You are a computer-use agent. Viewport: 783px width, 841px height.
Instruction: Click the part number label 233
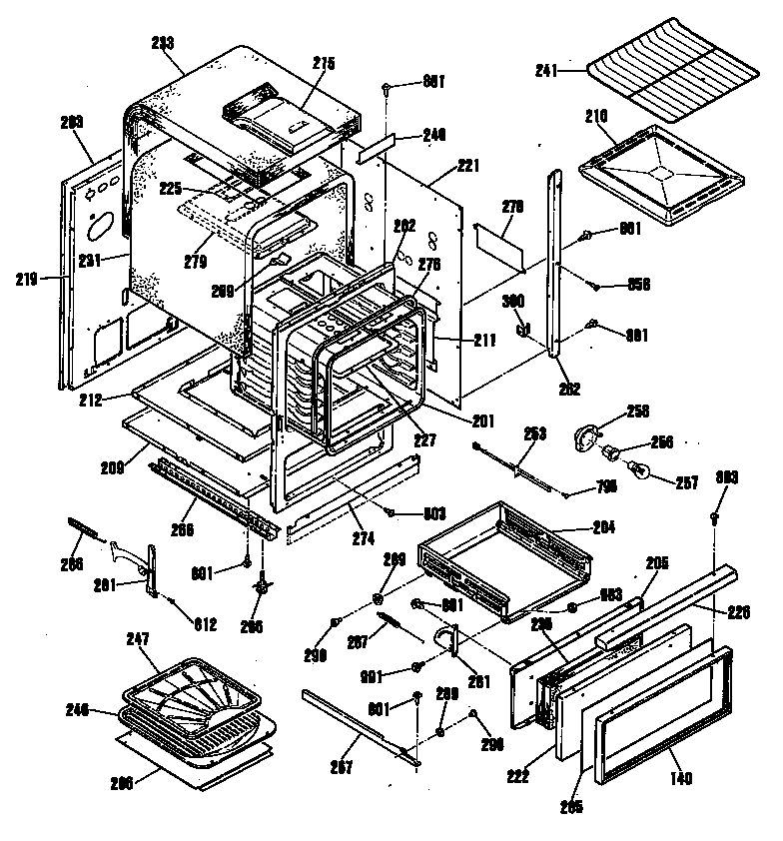coord(162,43)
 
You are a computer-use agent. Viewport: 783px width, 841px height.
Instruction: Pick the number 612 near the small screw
coord(206,625)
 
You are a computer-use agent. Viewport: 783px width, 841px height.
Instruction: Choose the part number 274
coord(363,538)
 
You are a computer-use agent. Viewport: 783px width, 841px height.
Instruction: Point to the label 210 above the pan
coord(596,116)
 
